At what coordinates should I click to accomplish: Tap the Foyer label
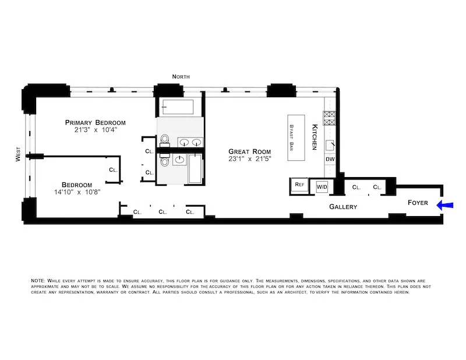click(417, 203)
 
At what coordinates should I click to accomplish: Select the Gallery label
click(343, 207)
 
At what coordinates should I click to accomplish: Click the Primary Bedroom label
click(95, 122)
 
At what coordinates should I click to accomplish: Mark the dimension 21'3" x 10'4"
click(95, 130)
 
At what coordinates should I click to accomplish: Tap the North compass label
click(180, 77)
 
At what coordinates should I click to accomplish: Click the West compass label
click(18, 156)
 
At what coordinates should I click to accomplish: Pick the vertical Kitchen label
click(314, 137)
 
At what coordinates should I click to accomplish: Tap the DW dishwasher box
click(330, 158)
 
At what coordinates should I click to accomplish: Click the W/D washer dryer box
click(322, 186)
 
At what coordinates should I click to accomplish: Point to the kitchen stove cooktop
click(330, 119)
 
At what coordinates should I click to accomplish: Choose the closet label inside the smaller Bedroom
click(112, 170)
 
